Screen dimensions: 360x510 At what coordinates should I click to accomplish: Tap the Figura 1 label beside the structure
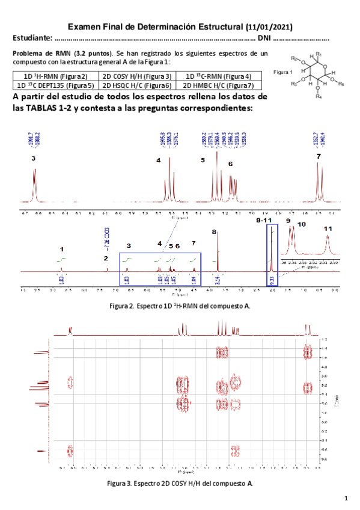coord(282,72)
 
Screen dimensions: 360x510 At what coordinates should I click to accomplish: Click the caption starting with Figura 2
coord(180,306)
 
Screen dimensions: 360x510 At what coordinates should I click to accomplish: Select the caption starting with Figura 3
coord(180,483)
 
